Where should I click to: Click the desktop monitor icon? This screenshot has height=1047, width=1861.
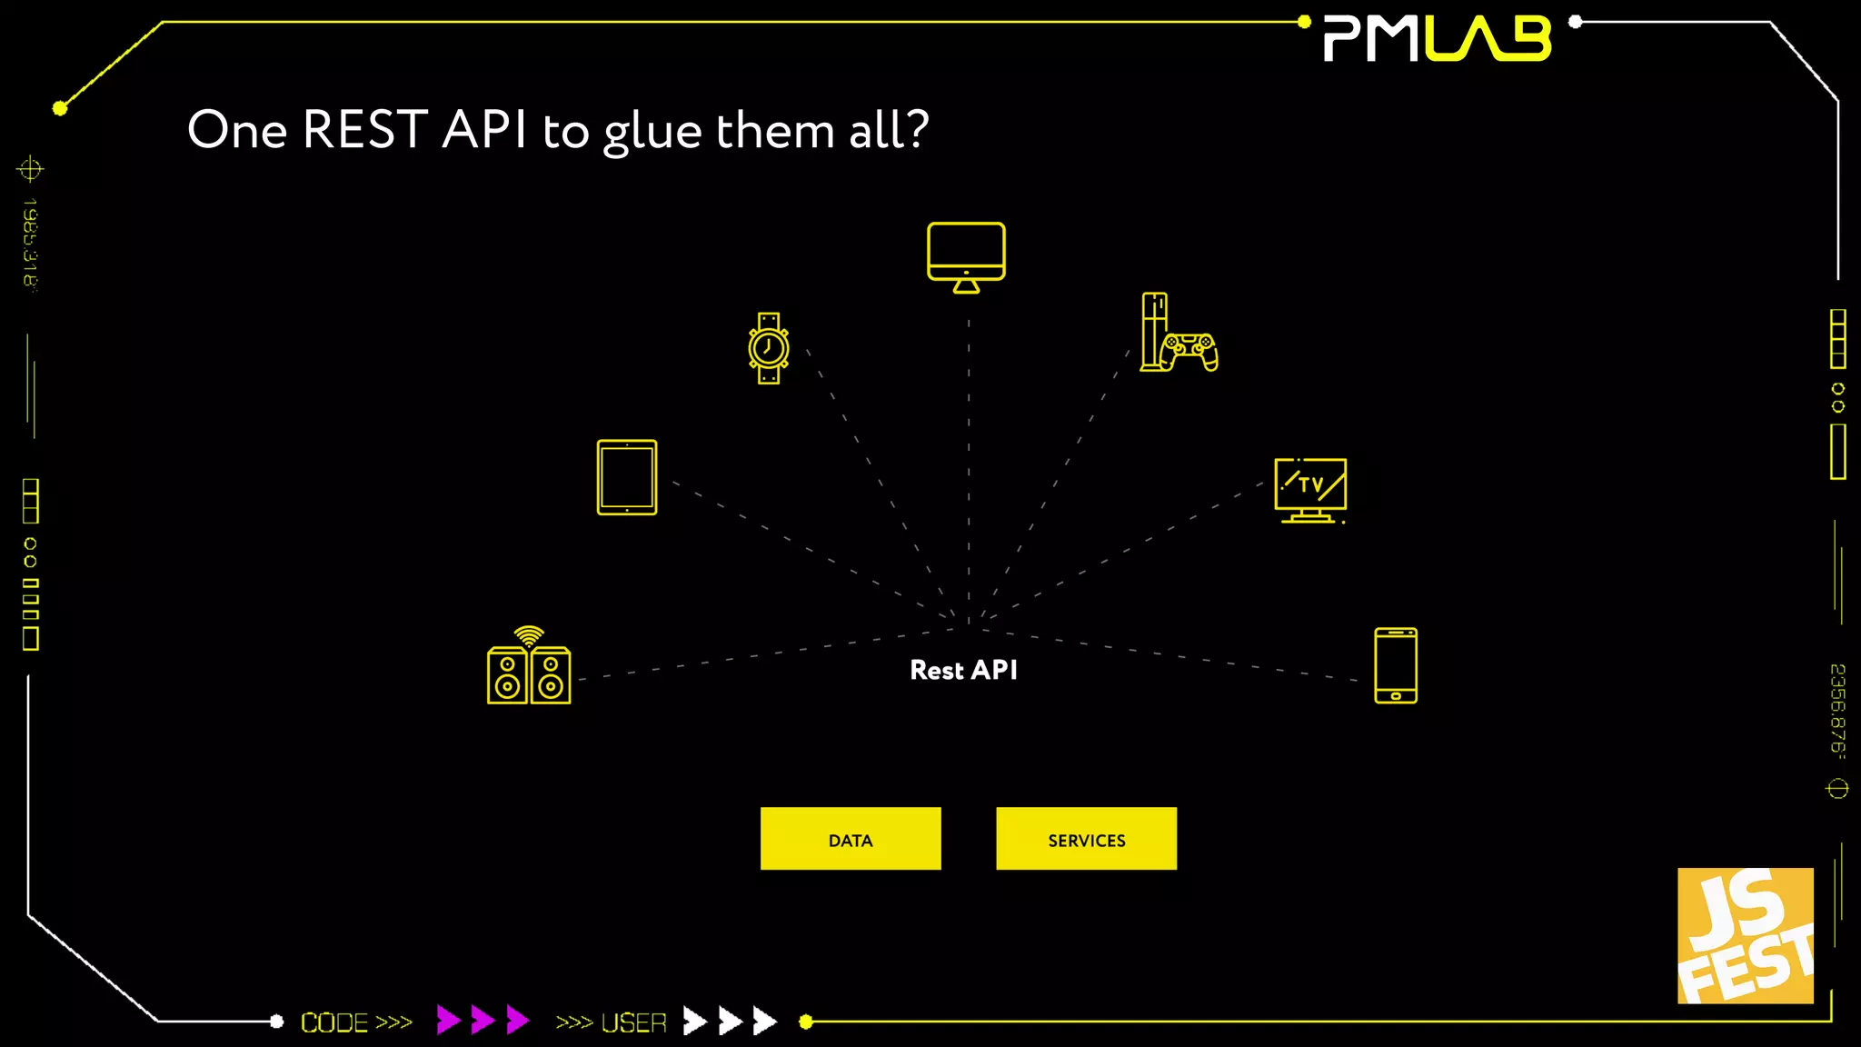point(966,256)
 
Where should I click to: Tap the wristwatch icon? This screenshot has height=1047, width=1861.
point(769,348)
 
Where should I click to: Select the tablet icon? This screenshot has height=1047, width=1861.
point(627,477)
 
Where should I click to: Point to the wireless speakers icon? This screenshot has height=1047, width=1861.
point(529,674)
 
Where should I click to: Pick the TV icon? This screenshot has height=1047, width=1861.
point(1310,490)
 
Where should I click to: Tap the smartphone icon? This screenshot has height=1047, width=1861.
point(1396,665)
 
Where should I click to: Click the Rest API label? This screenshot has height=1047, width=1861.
point(963,671)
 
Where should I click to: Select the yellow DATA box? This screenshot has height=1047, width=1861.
point(851,839)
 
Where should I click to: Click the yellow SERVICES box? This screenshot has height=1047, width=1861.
point(1086,839)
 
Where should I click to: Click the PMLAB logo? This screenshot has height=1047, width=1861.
point(1438,39)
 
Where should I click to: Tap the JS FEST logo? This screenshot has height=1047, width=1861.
point(1745,935)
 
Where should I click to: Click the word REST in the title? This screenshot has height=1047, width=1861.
point(364,129)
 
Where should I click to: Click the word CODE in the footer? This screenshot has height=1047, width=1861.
point(333,1022)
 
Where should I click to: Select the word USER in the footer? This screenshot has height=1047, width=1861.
point(634,1022)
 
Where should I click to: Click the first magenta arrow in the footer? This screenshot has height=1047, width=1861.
point(448,1020)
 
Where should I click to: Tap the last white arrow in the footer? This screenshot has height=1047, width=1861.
point(765,1021)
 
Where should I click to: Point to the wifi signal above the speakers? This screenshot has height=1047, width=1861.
point(529,634)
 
